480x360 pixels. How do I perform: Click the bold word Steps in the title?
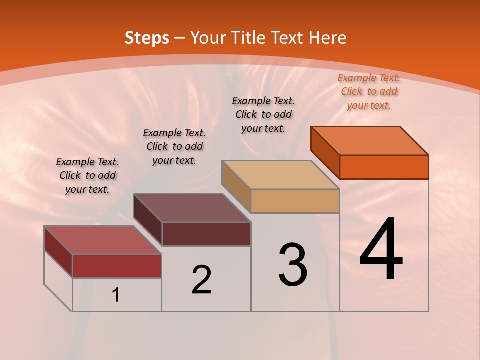[147, 38]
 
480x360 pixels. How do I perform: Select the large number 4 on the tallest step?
[381, 250]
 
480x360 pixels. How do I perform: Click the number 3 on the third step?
[293, 265]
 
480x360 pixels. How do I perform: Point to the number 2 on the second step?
[201, 280]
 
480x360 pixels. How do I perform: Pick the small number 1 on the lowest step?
[115, 295]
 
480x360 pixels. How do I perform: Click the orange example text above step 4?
[369, 91]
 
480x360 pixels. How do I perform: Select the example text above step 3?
[263, 114]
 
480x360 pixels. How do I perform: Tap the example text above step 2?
[174, 146]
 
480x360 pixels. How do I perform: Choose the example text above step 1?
[87, 175]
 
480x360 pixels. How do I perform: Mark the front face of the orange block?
[384, 167]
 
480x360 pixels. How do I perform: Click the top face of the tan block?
[281, 175]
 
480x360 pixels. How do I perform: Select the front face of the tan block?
[295, 201]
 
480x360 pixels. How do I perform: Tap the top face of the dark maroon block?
[192, 208]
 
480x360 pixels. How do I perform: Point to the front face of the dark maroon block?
[206, 234]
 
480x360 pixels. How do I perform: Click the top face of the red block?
[103, 240]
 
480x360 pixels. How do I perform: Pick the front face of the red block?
[117, 266]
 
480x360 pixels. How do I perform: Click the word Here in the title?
[328, 38]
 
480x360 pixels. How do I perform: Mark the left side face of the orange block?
[325, 152]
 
